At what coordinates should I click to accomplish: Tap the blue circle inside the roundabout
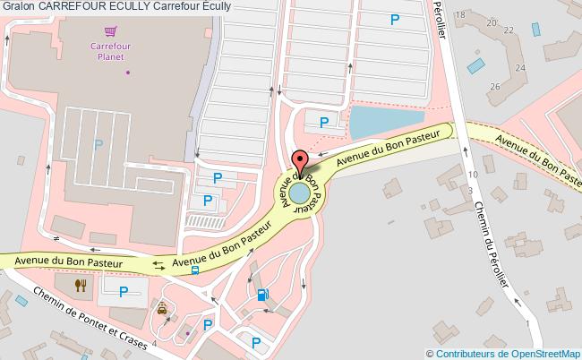pos(300,193)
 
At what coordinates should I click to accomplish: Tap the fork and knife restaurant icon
pos(81,285)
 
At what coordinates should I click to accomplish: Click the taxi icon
pos(162,309)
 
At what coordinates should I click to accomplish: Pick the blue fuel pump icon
pos(261,294)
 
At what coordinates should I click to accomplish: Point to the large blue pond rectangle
pos(386,122)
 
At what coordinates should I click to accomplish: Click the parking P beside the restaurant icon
pos(124,290)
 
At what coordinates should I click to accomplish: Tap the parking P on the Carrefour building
pos(98,144)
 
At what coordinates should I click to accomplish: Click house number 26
pos(494,86)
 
